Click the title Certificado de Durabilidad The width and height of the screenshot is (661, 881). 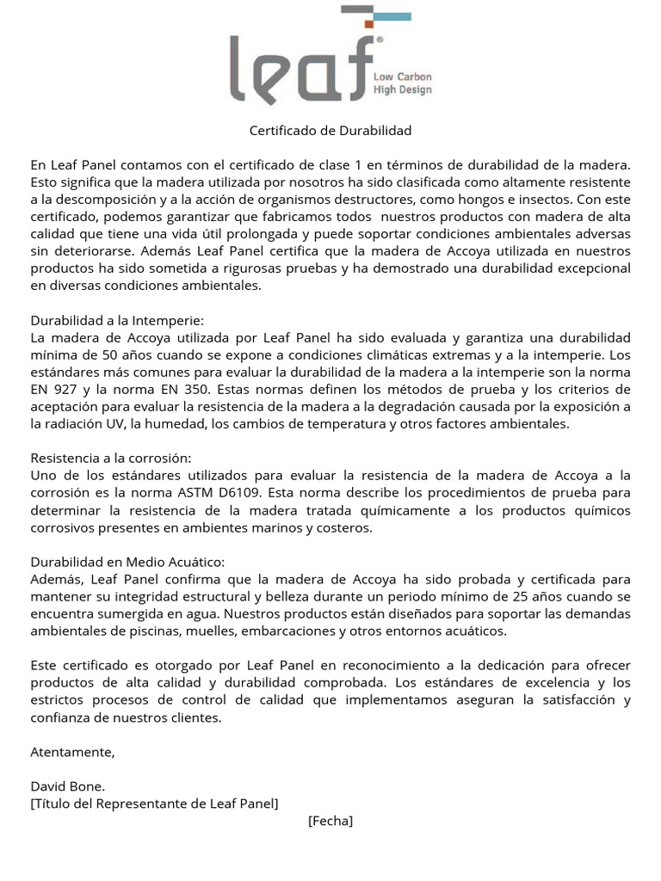[330, 131]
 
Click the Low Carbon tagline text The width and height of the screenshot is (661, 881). [402, 77]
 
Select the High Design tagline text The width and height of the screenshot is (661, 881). [402, 89]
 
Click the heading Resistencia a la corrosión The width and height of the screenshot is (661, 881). [111, 459]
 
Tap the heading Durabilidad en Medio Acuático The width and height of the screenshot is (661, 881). [115, 562]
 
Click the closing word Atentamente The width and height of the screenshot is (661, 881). [72, 751]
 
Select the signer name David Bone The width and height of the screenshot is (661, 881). [68, 786]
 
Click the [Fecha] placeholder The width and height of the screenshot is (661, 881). [330, 821]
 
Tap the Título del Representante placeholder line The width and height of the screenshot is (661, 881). [155, 804]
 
